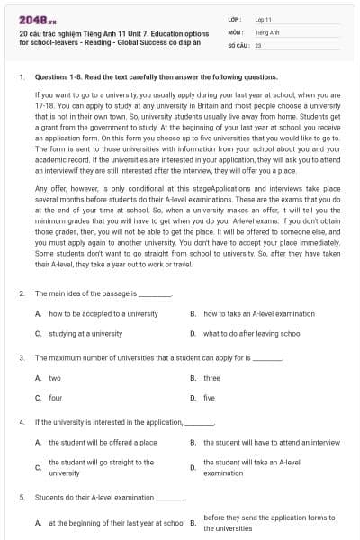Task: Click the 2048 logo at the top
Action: [x=34, y=18]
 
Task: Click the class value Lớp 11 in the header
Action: [x=263, y=19]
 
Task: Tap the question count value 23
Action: [x=258, y=44]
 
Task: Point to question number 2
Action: [x=21, y=293]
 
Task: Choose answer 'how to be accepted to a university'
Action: [x=103, y=313]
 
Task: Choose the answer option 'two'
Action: [x=55, y=378]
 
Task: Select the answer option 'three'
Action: [x=211, y=378]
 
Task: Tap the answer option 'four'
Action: [x=55, y=397]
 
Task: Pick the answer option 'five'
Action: [x=210, y=397]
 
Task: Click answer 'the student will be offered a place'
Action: [x=103, y=442]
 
